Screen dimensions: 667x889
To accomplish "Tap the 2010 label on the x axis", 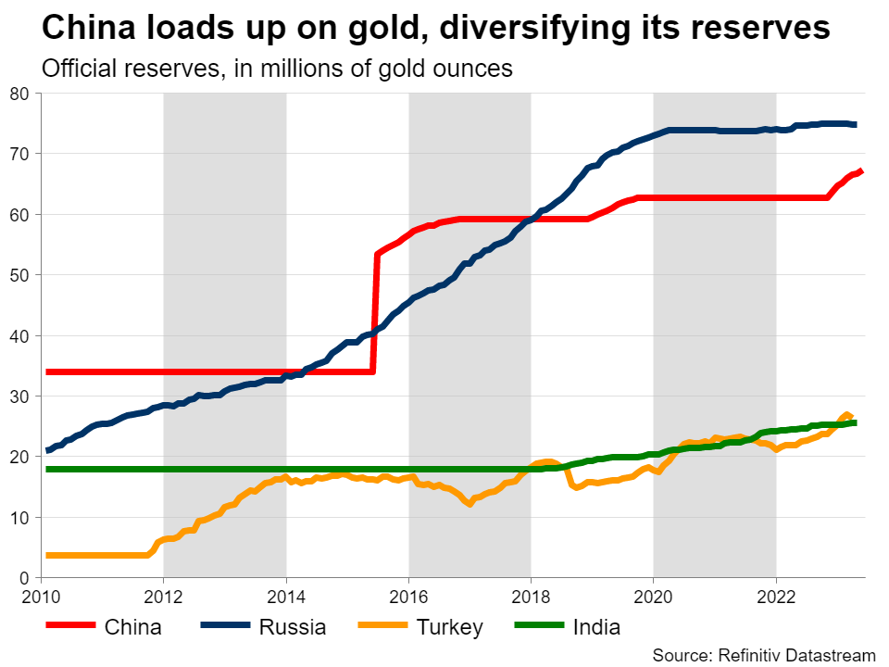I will (x=42, y=595).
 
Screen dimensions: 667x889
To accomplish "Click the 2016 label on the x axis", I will (x=408, y=595).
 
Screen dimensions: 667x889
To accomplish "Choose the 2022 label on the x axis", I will (x=775, y=595).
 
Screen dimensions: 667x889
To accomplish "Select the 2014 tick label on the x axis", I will (x=286, y=595).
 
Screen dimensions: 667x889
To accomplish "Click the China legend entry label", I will (x=132, y=627).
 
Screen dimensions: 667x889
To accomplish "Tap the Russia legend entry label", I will (x=293, y=627).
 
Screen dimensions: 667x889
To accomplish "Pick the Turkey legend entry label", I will (x=449, y=627).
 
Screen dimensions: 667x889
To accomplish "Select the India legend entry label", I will (x=597, y=627).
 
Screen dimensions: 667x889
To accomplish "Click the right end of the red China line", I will (x=861, y=170).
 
